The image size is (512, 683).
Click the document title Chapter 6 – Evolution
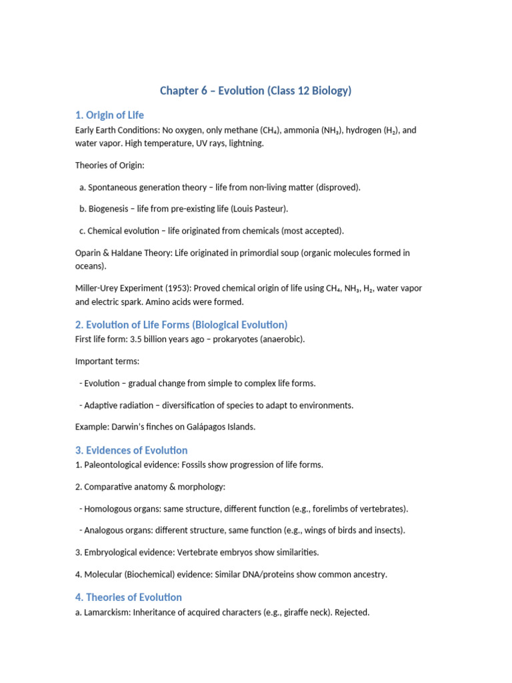coord(255,91)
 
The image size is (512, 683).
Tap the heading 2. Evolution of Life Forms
coord(181,325)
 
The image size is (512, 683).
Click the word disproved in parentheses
coord(337,187)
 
